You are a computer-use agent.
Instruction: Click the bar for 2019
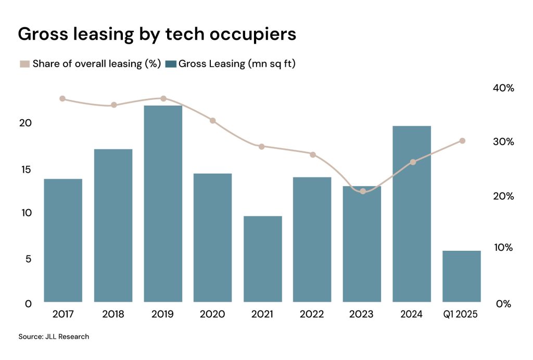tap(163, 203)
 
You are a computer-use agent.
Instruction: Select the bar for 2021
tap(263, 259)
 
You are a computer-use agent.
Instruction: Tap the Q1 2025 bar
tap(462, 276)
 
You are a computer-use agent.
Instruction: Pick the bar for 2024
tap(412, 213)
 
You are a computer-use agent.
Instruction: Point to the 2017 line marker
tap(62, 99)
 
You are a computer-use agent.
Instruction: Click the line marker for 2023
tap(363, 191)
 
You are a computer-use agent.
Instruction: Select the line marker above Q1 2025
tap(462, 141)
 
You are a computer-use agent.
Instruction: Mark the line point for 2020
tap(212, 121)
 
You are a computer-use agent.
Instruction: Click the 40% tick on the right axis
tap(503, 88)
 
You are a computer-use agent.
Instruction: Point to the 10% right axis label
tap(503, 248)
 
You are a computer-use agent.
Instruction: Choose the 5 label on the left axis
tap(28, 259)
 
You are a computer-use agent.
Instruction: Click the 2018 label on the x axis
tap(113, 315)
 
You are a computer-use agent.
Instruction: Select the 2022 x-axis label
tap(312, 315)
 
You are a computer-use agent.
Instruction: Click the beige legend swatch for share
tap(24, 64)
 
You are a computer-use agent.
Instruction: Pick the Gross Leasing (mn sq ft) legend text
tap(240, 64)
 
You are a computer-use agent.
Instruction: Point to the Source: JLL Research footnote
tap(54, 337)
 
